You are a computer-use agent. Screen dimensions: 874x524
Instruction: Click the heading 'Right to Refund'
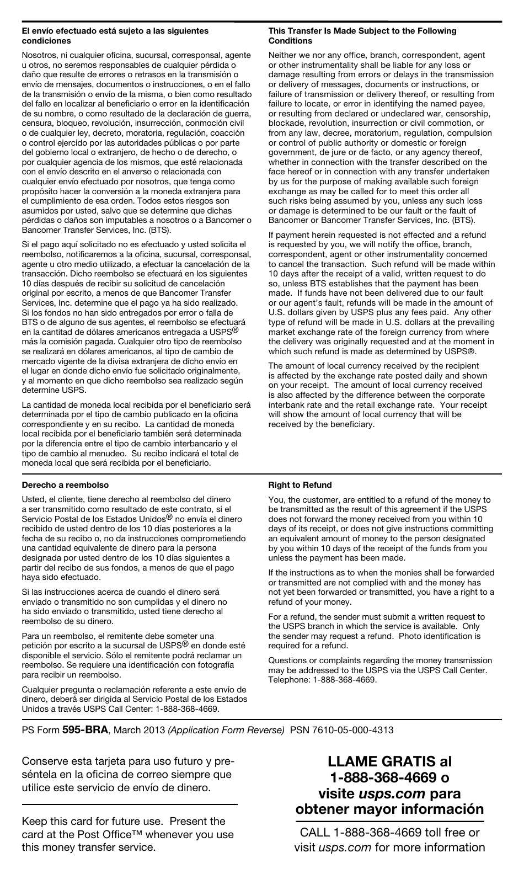pos(300,485)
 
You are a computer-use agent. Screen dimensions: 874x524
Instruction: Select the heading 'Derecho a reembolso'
pos(65,485)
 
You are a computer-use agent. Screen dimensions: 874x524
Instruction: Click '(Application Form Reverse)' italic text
pos(226,729)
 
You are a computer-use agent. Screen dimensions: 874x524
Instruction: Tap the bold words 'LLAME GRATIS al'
pos(389,761)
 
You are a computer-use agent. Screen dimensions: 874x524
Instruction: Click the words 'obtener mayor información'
pos(389,809)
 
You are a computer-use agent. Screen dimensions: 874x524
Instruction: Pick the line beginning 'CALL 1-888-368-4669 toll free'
pos(389,832)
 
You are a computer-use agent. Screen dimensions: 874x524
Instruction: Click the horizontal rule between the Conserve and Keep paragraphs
pos(130,804)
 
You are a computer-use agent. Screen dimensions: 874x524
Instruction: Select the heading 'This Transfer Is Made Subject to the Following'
pos(362,31)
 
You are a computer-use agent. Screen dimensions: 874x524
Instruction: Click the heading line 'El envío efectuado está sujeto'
pos(115,31)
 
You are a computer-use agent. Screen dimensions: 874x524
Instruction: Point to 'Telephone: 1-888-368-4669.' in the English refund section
pos(323,680)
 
